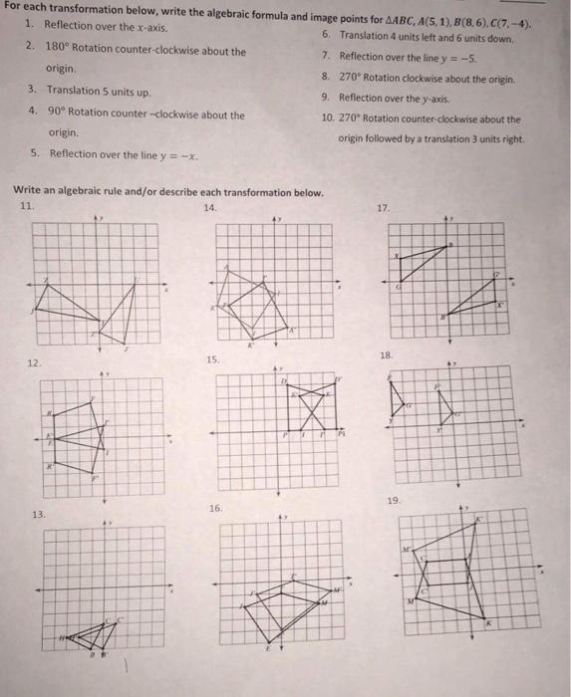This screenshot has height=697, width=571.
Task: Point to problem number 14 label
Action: pyautogui.click(x=208, y=207)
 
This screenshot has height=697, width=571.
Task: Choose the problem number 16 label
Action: pyautogui.click(x=216, y=508)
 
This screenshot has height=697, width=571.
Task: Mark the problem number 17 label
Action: pyautogui.click(x=384, y=208)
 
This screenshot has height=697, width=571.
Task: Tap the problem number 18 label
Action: pyautogui.click(x=387, y=354)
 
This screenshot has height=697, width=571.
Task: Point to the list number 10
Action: pyautogui.click(x=327, y=119)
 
